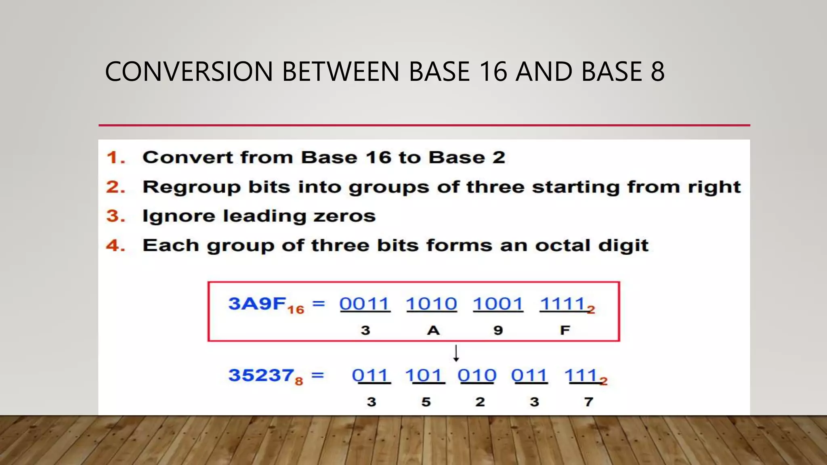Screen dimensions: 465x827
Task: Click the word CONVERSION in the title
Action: tap(189, 72)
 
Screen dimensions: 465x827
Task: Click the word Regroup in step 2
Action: tap(191, 187)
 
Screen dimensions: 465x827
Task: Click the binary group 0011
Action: tap(364, 304)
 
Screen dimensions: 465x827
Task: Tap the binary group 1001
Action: tap(498, 304)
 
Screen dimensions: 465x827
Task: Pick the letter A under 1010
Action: tap(433, 331)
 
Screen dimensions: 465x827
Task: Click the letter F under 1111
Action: tap(565, 331)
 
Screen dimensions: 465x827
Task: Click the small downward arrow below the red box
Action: tap(456, 353)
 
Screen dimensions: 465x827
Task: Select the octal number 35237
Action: tap(261, 375)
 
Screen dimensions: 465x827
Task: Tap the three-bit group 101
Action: tap(424, 375)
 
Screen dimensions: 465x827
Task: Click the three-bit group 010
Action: tap(477, 375)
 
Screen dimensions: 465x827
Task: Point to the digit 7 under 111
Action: tap(589, 402)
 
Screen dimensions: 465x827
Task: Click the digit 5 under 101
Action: tap(426, 402)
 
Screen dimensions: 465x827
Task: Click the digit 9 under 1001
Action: tap(498, 331)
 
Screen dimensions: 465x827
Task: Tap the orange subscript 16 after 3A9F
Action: tap(296, 310)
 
